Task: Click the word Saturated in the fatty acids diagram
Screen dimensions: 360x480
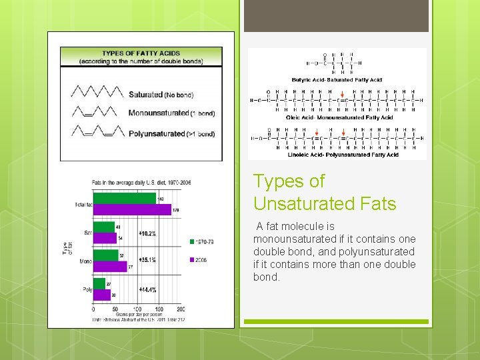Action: [x=146, y=95]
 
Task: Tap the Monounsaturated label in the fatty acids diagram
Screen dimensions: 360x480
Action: [x=158, y=113]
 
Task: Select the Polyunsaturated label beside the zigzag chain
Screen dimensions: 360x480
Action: [x=157, y=133]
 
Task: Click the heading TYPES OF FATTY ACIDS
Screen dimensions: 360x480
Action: [x=141, y=53]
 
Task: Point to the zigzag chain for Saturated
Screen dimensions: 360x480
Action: [x=97, y=91]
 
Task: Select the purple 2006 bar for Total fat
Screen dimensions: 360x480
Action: [x=132, y=209]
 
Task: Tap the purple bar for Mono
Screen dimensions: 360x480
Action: [x=109, y=267]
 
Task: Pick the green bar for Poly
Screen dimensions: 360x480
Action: [x=99, y=283]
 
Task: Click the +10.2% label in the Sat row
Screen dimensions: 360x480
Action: [x=147, y=233]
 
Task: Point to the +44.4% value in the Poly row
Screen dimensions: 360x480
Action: [x=147, y=290]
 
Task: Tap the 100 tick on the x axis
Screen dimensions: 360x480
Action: [x=137, y=309]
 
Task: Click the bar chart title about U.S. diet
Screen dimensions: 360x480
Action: [x=132, y=182]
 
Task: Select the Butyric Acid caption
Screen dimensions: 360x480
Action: [x=337, y=80]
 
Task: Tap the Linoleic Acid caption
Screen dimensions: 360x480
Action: [x=343, y=155]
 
